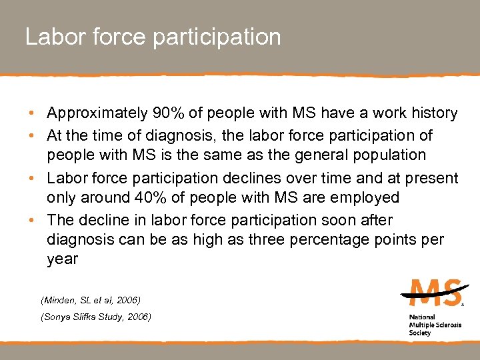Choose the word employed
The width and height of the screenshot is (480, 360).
363,198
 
